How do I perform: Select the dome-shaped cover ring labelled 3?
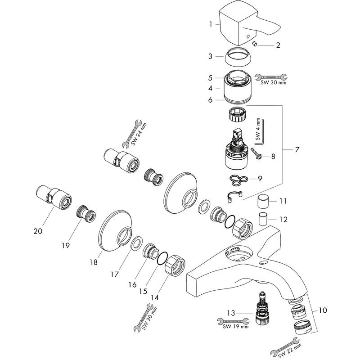tap(238, 58)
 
